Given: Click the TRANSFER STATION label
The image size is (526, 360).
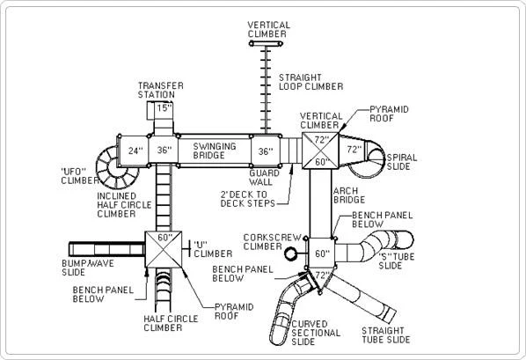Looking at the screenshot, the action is point(161,91).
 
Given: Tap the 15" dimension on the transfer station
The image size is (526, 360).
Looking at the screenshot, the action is point(164,108).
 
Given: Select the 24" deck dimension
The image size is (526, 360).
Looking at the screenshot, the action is point(135,151).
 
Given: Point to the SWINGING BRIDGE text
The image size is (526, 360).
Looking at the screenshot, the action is point(215,151).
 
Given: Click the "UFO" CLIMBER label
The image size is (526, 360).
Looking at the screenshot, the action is point(79,176).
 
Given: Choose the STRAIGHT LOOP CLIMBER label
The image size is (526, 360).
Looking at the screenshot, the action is point(311,82).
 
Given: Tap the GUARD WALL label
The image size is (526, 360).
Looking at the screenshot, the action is point(264,178).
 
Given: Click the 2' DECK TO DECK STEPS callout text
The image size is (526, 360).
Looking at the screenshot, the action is point(247,199).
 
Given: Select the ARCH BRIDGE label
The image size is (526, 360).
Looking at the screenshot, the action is point(349,195).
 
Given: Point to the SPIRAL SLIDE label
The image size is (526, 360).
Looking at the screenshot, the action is point(402,162).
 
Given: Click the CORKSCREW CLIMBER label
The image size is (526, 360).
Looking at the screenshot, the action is point(273,242).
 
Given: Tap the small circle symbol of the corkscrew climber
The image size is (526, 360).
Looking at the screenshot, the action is point(291,253).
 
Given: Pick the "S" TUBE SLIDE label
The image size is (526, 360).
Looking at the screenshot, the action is point(397,261).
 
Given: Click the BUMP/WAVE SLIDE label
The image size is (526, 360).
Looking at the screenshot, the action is point(88,268).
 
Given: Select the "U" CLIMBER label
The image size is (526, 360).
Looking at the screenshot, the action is point(213,249).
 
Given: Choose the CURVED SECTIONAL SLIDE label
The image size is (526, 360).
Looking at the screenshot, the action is point(316,333).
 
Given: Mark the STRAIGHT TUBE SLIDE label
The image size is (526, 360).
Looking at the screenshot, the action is point(386,335).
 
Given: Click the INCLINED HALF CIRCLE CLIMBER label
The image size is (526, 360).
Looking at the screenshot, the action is point(124,205).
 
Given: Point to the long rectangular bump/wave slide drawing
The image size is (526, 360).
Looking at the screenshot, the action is point(106,249).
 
